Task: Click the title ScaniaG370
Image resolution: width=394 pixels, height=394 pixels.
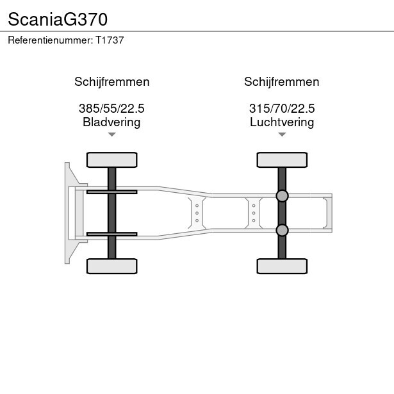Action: pos(58,19)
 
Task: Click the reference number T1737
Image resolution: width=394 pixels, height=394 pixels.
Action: pos(110,40)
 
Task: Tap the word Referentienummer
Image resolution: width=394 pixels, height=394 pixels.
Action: pos(51,40)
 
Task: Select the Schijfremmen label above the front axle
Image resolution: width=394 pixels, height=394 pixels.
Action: pos(112,82)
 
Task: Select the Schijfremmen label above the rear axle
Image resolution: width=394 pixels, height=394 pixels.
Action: pos(282,82)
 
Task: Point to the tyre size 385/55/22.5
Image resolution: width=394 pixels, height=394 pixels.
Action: pos(111,108)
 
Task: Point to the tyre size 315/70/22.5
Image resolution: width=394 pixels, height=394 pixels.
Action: pos(282,108)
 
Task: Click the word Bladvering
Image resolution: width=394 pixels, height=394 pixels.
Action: pos(111,122)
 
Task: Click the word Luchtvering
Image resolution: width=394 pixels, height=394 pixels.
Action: pos(282,122)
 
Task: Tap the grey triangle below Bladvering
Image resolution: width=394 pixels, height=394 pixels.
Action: pos(112,135)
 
